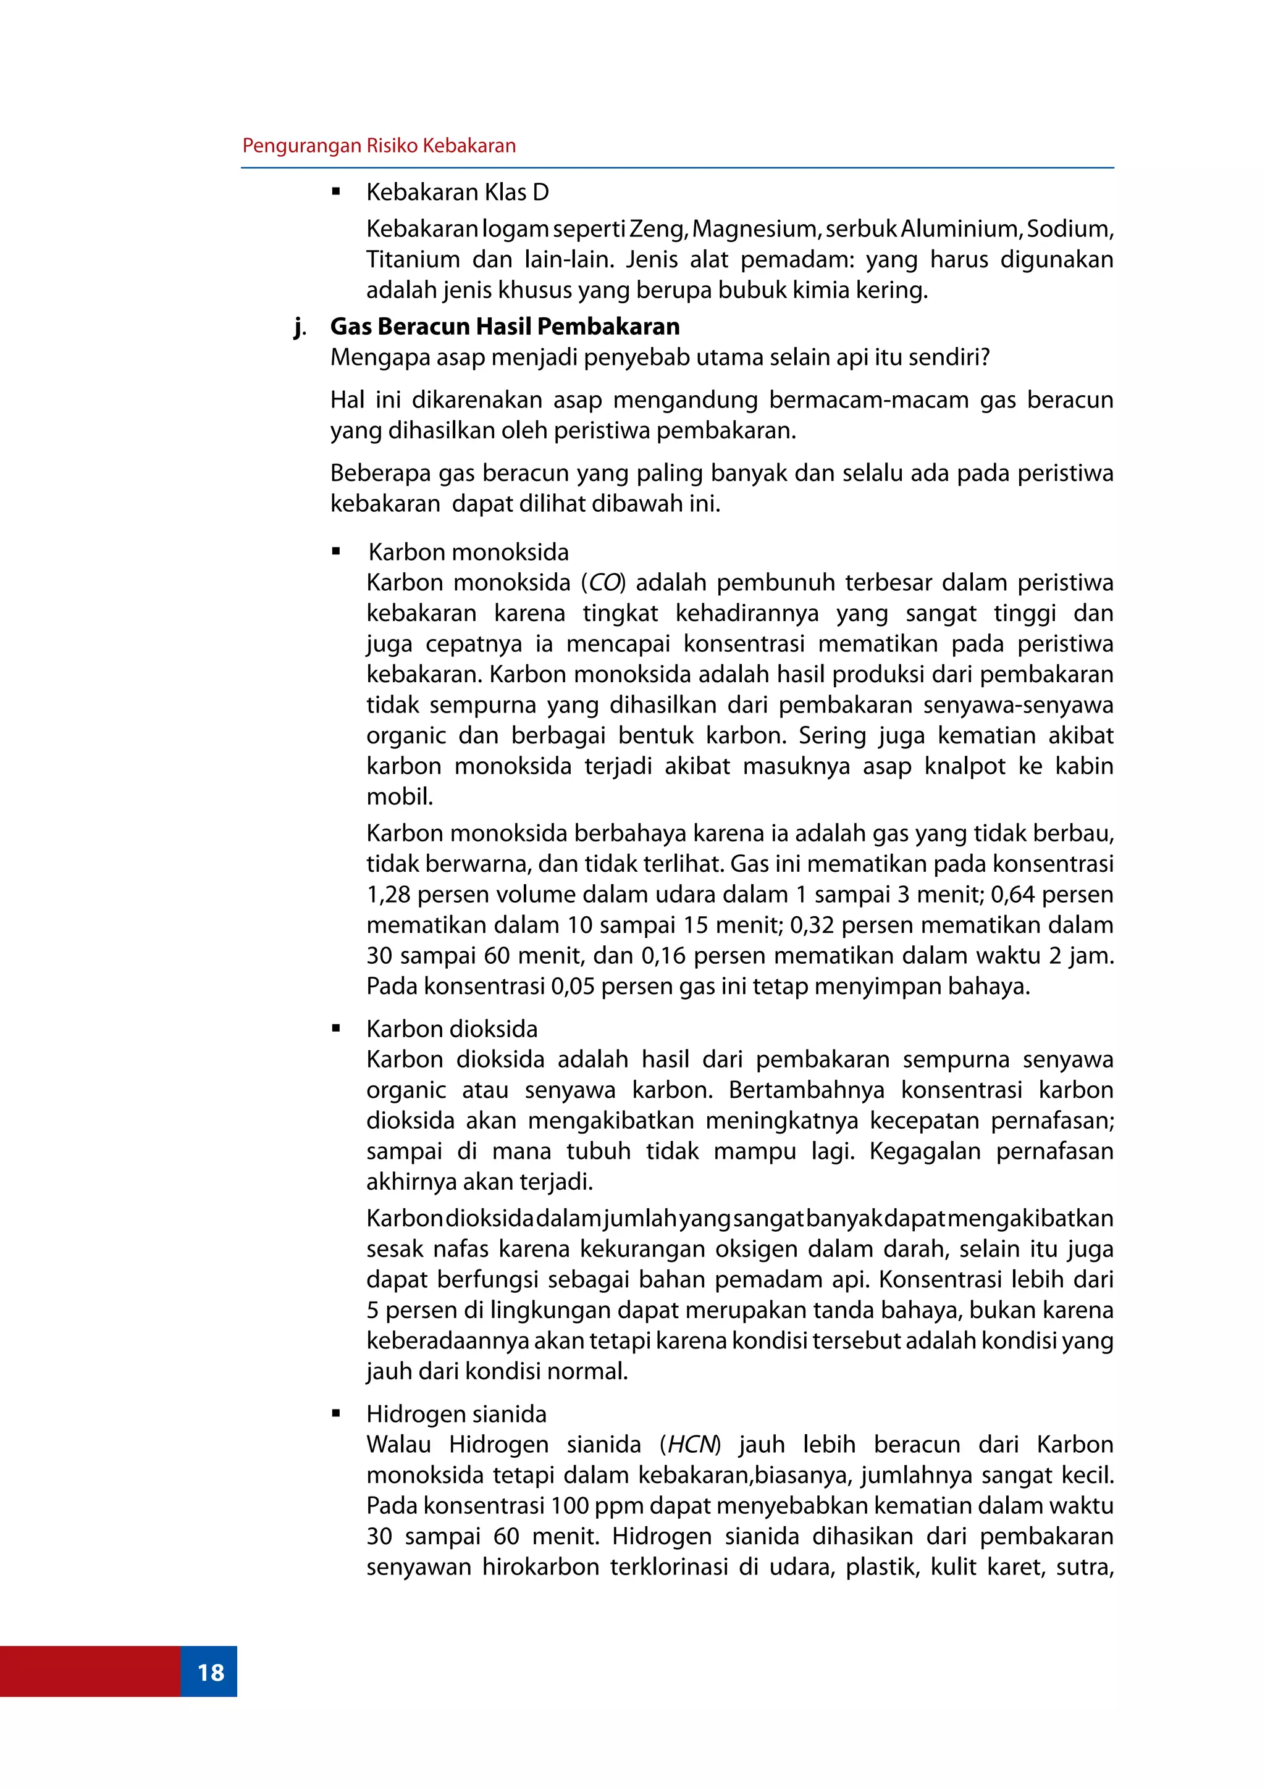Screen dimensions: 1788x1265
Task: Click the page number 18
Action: pyautogui.click(x=210, y=1672)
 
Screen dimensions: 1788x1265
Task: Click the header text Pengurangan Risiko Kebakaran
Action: pyautogui.click(x=379, y=146)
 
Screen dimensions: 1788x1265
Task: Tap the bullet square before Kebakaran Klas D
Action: pyautogui.click(x=337, y=191)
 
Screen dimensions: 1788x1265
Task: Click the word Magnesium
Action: pyautogui.click(x=754, y=229)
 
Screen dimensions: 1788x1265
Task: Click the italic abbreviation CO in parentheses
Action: pyautogui.click(x=605, y=582)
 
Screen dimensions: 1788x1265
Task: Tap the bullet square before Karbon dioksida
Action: pyautogui.click(x=337, y=1029)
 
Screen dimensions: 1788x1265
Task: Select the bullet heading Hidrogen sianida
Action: pyautogui.click(x=456, y=1414)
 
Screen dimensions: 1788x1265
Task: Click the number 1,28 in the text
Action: pyautogui.click(x=388, y=894)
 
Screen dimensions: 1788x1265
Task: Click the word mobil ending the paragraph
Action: pyautogui.click(x=399, y=796)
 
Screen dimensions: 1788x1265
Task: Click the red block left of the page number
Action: pyautogui.click(x=90, y=1672)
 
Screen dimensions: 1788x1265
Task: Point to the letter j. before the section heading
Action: pyautogui.click(x=299, y=327)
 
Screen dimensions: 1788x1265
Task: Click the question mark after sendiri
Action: pyautogui.click(x=985, y=357)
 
